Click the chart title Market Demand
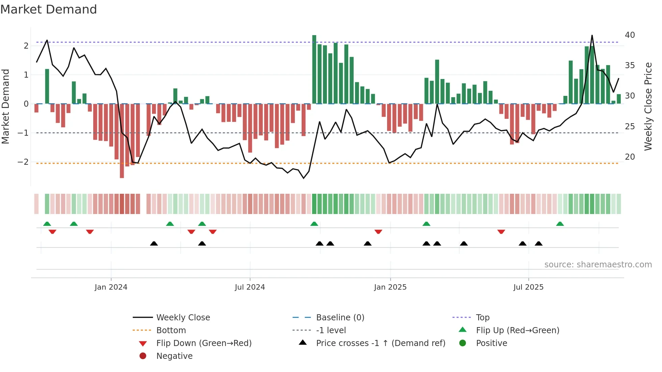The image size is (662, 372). pyautogui.click(x=49, y=9)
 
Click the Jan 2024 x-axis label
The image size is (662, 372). pyautogui.click(x=111, y=287)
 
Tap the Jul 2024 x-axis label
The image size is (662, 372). pyautogui.click(x=250, y=287)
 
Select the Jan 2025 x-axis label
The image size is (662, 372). pyautogui.click(x=390, y=287)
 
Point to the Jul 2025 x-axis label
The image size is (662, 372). pyautogui.click(x=528, y=287)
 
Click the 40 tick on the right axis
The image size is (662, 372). pyautogui.click(x=630, y=35)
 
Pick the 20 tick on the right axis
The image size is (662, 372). pyautogui.click(x=630, y=157)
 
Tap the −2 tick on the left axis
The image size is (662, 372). pyautogui.click(x=23, y=162)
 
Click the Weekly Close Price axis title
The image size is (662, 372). pyautogui.click(x=648, y=106)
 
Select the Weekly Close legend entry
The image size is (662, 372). pyautogui.click(x=183, y=318)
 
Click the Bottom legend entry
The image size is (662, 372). pyautogui.click(x=171, y=330)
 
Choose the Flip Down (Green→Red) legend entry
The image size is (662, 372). pyautogui.click(x=204, y=343)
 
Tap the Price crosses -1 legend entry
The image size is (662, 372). pyautogui.click(x=380, y=343)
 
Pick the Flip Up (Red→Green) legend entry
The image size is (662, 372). pyautogui.click(x=517, y=330)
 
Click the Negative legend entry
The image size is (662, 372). pyautogui.click(x=174, y=356)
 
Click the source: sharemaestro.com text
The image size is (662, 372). pyautogui.click(x=598, y=265)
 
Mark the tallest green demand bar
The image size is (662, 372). pyautogui.click(x=314, y=69)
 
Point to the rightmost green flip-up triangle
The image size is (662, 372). pyautogui.click(x=560, y=224)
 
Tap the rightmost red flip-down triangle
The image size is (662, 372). pyautogui.click(x=501, y=232)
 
